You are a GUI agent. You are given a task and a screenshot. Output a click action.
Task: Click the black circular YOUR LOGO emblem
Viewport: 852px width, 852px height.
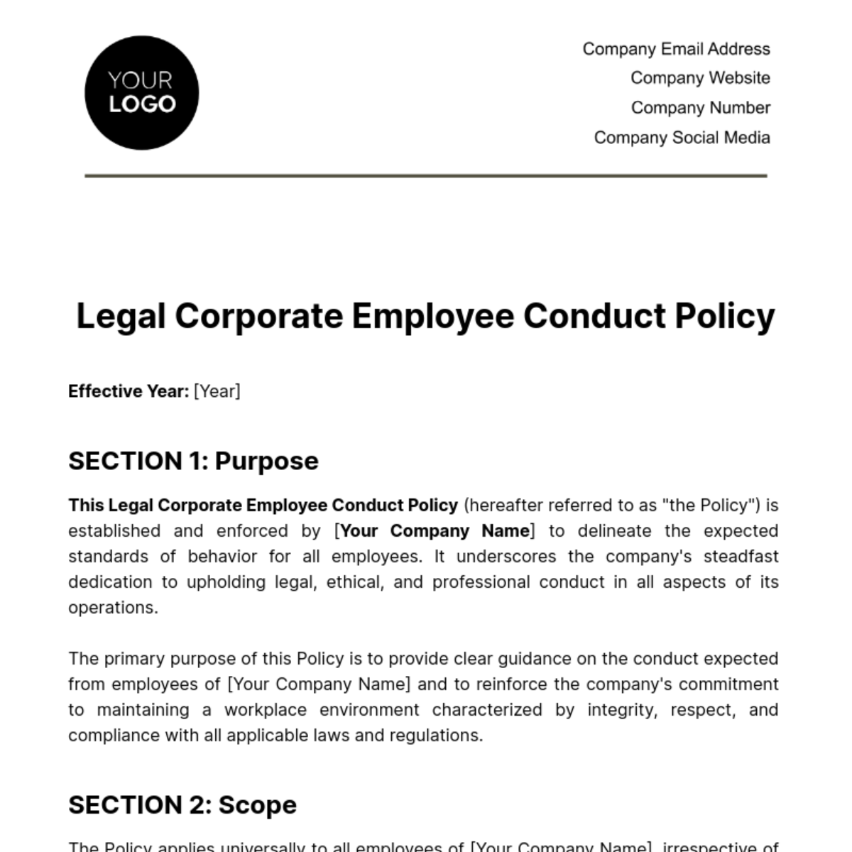pyautogui.click(x=141, y=93)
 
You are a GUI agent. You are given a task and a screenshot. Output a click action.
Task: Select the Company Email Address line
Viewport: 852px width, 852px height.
pyautogui.click(x=676, y=49)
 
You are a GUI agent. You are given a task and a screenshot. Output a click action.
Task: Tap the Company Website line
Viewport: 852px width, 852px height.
pyautogui.click(x=700, y=78)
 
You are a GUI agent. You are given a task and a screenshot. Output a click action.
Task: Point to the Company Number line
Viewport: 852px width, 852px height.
pyautogui.click(x=700, y=108)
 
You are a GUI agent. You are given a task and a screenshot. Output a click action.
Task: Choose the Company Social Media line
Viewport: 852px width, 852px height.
pyautogui.click(x=682, y=138)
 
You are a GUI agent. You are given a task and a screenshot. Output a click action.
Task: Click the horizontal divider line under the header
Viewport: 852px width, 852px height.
pyautogui.click(x=426, y=175)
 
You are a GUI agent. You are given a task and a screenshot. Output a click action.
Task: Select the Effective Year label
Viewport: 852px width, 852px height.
pyautogui.click(x=129, y=391)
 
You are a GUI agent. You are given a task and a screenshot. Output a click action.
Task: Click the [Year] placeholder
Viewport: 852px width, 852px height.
pyautogui.click(x=217, y=391)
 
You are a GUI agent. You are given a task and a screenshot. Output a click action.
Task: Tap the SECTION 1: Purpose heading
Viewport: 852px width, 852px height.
pyautogui.click(x=193, y=461)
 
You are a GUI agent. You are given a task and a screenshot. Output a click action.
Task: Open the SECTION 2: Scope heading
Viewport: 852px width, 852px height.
pyautogui.click(x=182, y=805)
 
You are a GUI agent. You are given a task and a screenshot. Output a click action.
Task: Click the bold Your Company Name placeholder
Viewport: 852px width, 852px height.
pyautogui.click(x=435, y=531)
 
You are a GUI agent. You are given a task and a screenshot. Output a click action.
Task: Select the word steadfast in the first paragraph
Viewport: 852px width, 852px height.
pyautogui.click(x=741, y=557)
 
